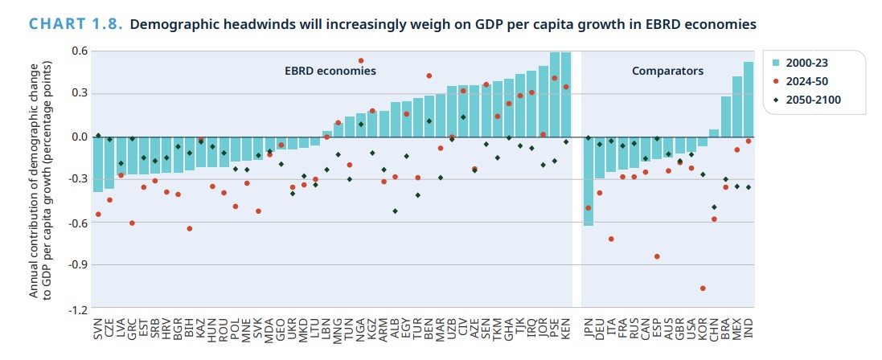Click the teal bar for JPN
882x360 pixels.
click(x=589, y=181)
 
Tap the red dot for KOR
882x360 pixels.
click(x=703, y=288)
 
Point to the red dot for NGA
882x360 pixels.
click(x=360, y=60)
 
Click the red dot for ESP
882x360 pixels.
click(x=657, y=256)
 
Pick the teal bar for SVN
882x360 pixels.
click(x=98, y=164)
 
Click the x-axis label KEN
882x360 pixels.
click(x=566, y=327)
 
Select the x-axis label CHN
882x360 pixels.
click(x=714, y=327)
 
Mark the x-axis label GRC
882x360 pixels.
click(x=132, y=327)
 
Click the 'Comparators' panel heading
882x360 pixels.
click(x=667, y=71)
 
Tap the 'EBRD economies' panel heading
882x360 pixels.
click(x=330, y=71)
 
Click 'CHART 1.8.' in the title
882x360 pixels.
click(x=76, y=25)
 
